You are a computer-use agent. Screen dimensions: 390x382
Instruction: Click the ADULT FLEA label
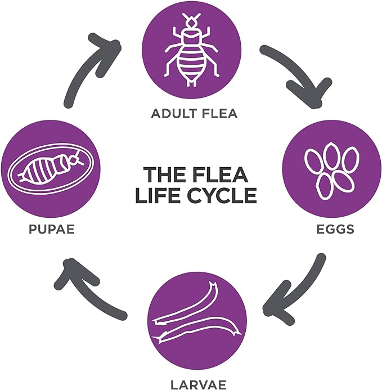(x=194, y=114)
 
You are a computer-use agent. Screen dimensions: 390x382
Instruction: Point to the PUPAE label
(x=52, y=229)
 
